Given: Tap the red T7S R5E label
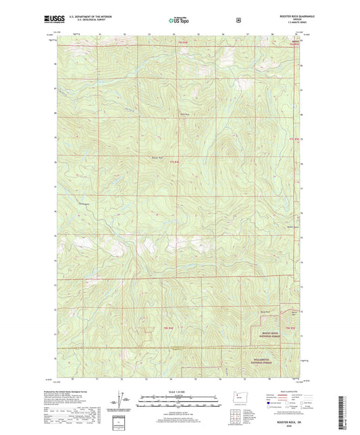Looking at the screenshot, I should pos(292,140).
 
